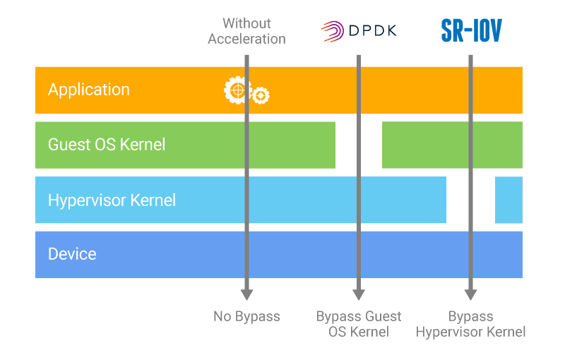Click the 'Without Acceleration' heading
pyautogui.click(x=246, y=31)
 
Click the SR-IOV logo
pyautogui.click(x=471, y=30)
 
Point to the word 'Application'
pyautogui.click(x=89, y=90)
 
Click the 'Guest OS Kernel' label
pyautogui.click(x=107, y=145)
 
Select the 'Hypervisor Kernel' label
pyautogui.click(x=112, y=200)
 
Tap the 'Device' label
pyautogui.click(x=72, y=254)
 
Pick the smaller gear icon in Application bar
pyautogui.click(x=261, y=95)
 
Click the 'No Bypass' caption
pyautogui.click(x=246, y=316)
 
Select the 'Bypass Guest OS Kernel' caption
pyautogui.click(x=359, y=324)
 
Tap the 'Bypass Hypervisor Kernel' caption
pyautogui.click(x=471, y=324)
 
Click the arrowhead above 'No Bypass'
pyautogui.click(x=246, y=294)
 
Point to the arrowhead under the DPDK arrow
pyautogui.click(x=359, y=294)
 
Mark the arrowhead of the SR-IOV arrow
pyautogui.click(x=471, y=294)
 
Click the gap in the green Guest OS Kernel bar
pyautogui.click(x=359, y=145)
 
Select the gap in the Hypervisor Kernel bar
pyautogui.click(x=470, y=200)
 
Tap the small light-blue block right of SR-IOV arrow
pyautogui.click(x=509, y=200)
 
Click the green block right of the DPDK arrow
pyautogui.click(x=452, y=145)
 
